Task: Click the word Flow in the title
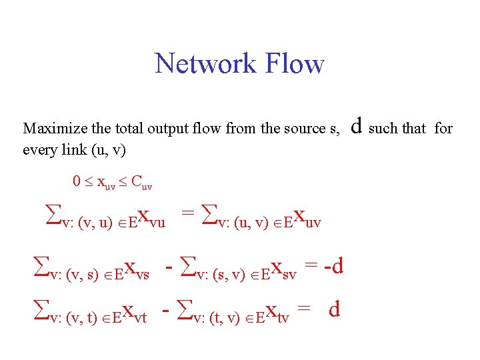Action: point(293,64)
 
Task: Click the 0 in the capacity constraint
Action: point(76,181)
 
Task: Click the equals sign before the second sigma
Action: point(188,215)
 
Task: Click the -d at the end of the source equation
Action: point(331,267)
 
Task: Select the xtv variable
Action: point(276,311)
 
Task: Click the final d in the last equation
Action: point(335,309)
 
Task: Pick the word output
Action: point(177,129)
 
